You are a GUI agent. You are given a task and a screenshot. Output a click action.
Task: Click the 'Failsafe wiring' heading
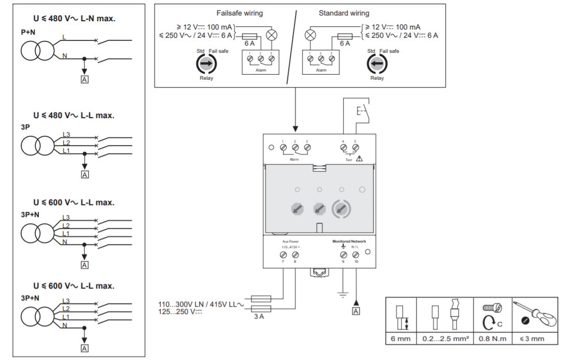click(x=239, y=13)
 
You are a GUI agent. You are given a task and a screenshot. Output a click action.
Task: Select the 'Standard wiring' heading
click(x=344, y=13)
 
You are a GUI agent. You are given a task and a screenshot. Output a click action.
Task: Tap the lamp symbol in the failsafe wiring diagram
click(x=272, y=35)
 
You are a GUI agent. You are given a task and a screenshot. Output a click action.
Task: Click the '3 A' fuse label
click(x=259, y=316)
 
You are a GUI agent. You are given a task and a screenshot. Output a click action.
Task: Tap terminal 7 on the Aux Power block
click(x=283, y=255)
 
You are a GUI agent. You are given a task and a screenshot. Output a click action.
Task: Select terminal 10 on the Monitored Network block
click(x=356, y=255)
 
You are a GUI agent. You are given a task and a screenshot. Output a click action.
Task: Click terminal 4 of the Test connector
click(x=344, y=148)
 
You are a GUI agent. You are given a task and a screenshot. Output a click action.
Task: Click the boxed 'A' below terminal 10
click(x=356, y=311)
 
